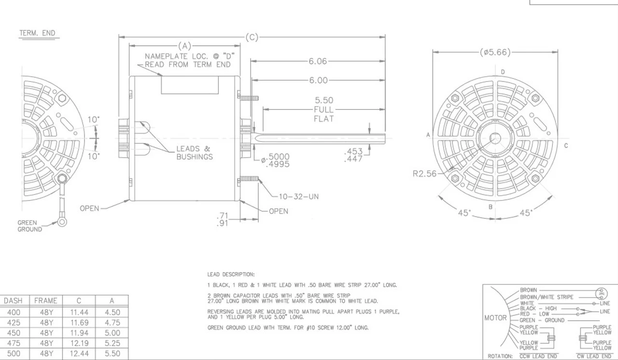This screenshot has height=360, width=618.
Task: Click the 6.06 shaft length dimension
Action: point(318,61)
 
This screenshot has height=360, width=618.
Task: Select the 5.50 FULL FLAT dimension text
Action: point(324,110)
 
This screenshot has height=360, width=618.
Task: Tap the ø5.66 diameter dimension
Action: point(495,52)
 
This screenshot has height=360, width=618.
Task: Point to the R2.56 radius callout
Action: point(424,174)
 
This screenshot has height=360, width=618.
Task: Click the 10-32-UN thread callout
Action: point(299,196)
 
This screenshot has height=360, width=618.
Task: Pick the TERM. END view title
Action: point(37,33)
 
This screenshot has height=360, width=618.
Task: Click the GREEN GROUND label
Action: point(30,226)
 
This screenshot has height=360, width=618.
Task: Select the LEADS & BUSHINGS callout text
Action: point(195,152)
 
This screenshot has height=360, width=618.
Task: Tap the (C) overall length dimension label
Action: point(252,37)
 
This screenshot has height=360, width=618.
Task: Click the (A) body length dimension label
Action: point(184,46)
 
